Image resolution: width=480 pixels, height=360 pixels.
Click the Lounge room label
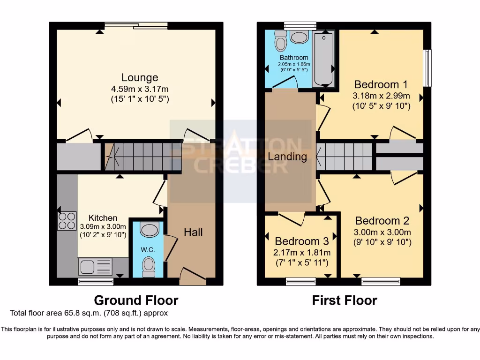(x=140, y=77)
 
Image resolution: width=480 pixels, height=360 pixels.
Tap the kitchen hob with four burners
(x=67, y=221)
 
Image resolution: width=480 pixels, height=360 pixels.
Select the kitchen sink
(x=95, y=267)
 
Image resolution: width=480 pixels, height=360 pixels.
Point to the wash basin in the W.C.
(x=150, y=230)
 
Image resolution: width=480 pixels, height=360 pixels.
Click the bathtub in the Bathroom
(x=323, y=59)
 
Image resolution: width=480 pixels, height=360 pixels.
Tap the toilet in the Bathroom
(x=281, y=41)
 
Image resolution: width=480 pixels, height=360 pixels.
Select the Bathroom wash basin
(x=299, y=37)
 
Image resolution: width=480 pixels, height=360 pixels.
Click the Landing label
(x=287, y=157)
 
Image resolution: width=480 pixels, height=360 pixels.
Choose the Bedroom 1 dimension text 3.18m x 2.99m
(x=381, y=96)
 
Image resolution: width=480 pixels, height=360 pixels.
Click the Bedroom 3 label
(x=301, y=241)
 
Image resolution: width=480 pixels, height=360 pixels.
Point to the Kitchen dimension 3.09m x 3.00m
(x=103, y=227)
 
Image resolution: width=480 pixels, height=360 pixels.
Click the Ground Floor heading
(x=136, y=300)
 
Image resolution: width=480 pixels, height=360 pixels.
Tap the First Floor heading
(x=345, y=300)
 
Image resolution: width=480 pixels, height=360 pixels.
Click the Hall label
(x=193, y=232)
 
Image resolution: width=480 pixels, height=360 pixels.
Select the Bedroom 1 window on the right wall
(x=427, y=68)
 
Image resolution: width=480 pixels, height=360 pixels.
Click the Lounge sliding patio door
(x=136, y=26)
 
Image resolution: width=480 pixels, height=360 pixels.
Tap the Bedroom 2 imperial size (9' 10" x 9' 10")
(x=383, y=242)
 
